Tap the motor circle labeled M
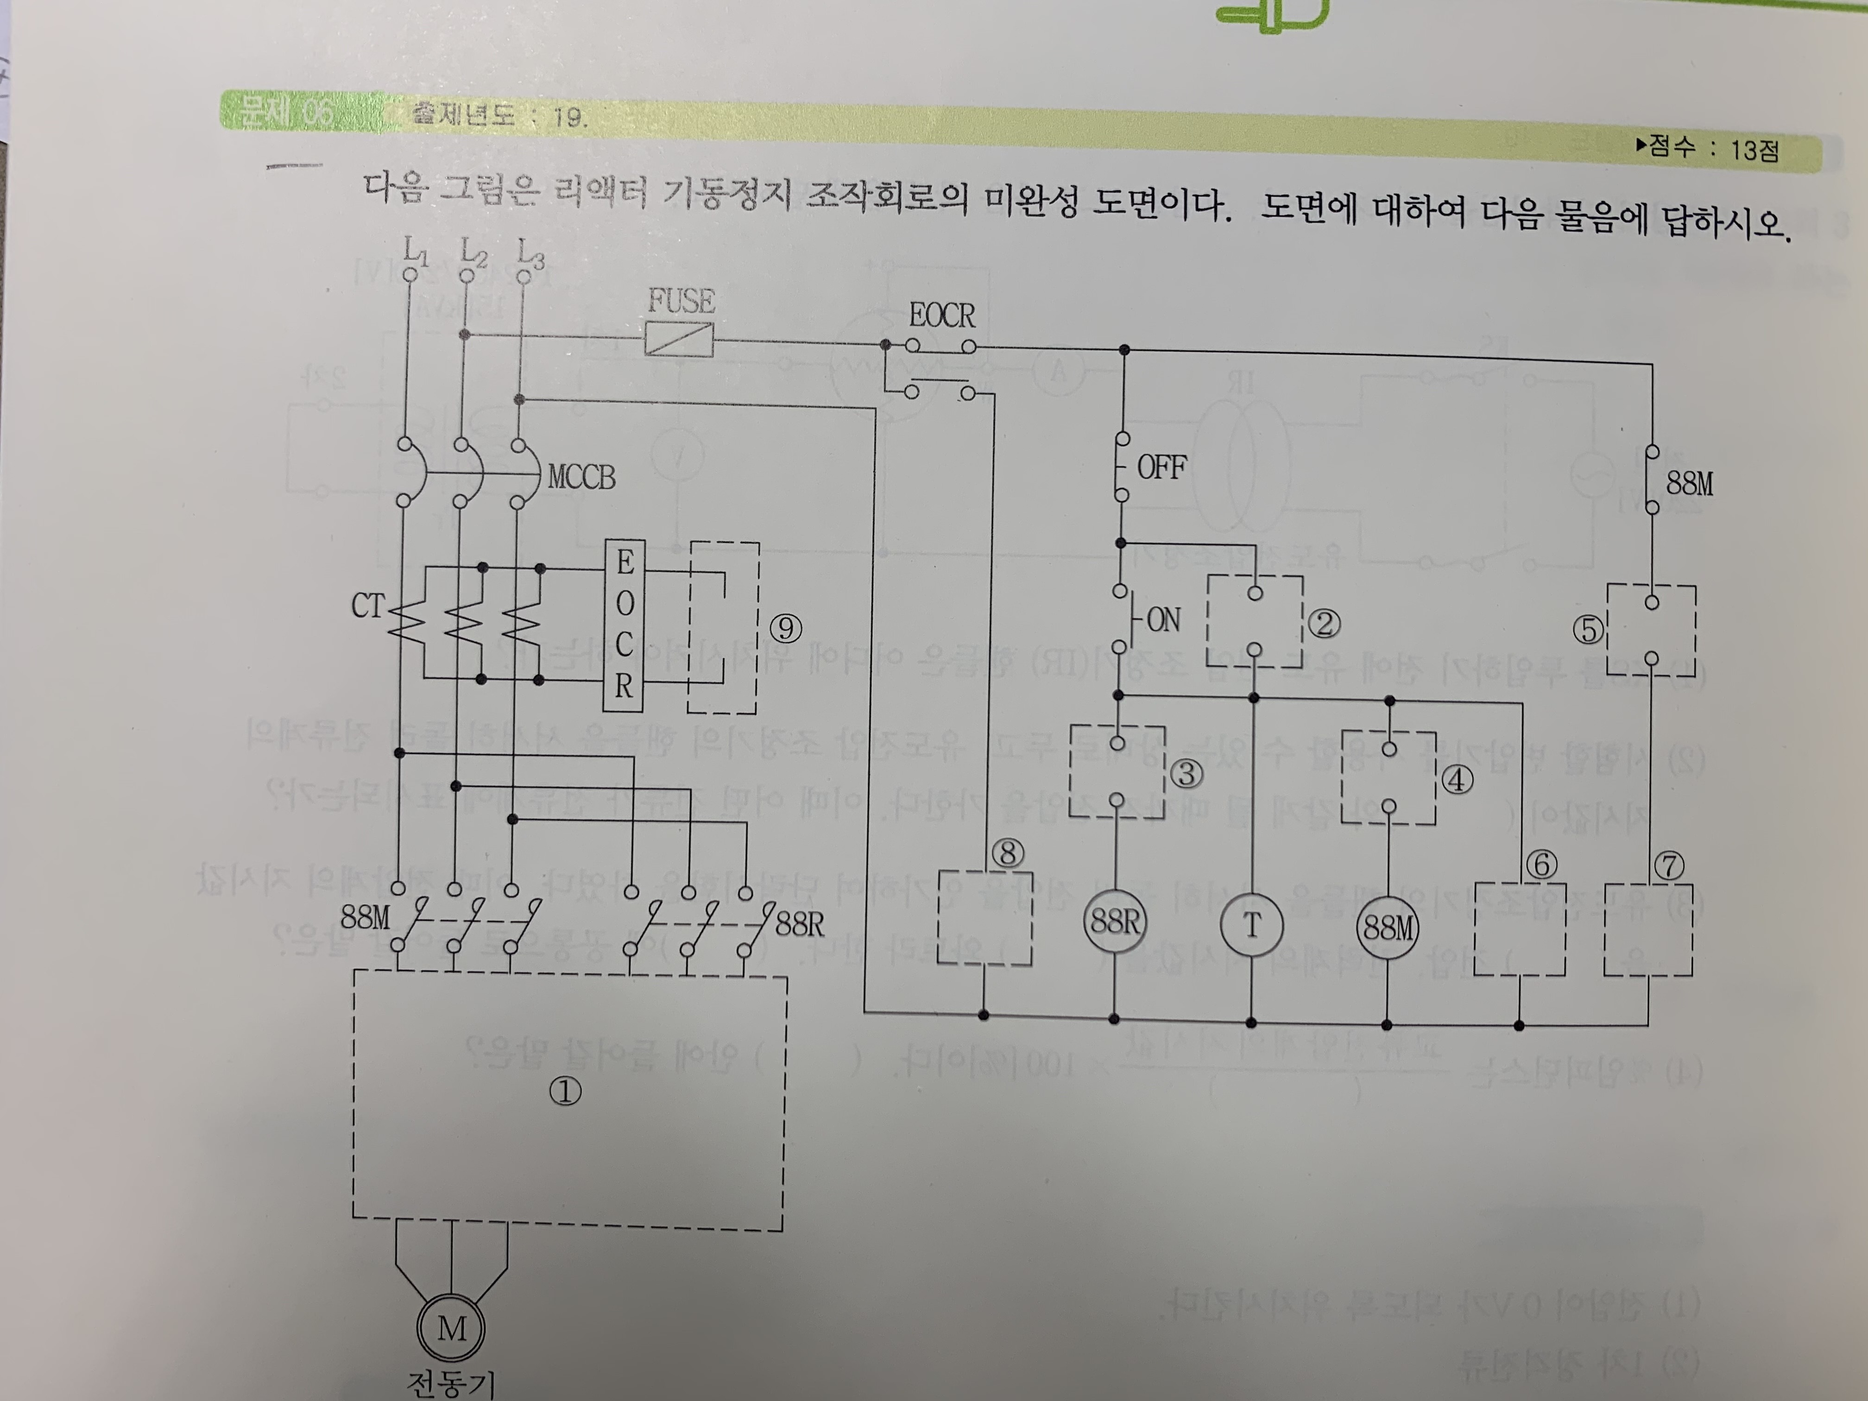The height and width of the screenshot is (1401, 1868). [451, 1328]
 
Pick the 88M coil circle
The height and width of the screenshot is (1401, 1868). [1388, 928]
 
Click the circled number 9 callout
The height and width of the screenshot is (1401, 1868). [785, 628]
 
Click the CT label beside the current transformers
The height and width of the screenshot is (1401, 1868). [367, 606]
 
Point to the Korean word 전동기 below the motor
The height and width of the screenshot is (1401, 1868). [450, 1382]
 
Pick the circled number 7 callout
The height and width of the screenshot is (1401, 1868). [1669, 865]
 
